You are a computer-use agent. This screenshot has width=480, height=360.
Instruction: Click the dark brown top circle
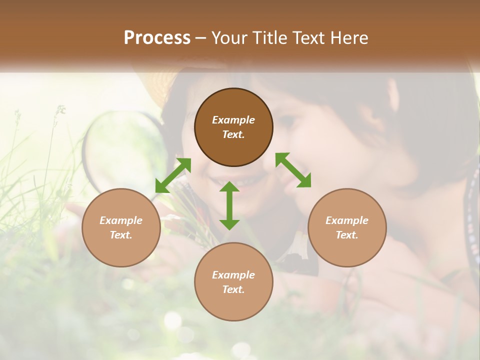coord(233,127)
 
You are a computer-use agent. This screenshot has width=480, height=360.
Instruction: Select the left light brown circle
coord(121,227)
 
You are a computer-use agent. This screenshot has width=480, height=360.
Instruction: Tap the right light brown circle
coord(347,227)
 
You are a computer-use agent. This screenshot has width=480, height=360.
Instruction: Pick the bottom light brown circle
coord(233,282)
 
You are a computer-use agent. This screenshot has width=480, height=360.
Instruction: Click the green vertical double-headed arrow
coord(229,205)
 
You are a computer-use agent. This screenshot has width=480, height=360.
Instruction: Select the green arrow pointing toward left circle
coord(173,175)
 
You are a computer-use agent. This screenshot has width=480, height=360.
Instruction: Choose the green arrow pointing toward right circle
coord(293,170)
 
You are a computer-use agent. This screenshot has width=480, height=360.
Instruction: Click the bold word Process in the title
coord(157,37)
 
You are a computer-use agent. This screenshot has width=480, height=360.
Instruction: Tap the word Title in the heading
coord(270,37)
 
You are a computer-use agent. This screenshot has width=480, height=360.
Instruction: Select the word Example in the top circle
coord(233,120)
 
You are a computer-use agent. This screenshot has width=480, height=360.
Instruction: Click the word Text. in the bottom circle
coord(233,289)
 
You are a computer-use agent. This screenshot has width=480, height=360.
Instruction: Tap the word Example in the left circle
coord(121,220)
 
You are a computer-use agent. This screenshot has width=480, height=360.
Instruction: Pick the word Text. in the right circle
coord(347,235)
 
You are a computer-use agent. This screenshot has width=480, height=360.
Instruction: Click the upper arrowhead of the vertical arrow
coord(229,186)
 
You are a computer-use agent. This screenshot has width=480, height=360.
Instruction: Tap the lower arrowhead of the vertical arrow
coord(229,224)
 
